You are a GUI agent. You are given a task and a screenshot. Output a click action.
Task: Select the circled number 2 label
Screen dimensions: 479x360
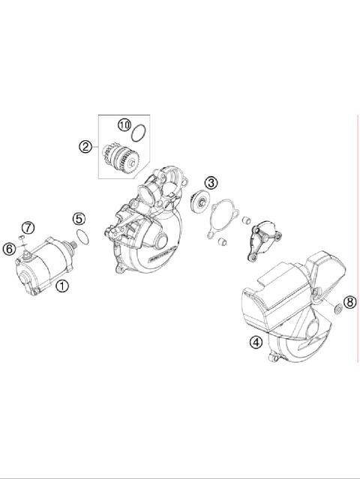tap(85, 147)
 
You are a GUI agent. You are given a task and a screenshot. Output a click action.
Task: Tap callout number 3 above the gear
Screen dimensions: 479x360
tap(212, 182)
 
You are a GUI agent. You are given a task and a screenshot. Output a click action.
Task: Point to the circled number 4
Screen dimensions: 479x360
tap(256, 343)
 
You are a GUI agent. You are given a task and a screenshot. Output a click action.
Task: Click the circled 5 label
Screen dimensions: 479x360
tap(79, 219)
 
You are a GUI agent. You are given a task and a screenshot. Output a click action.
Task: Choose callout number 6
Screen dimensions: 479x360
tap(10, 249)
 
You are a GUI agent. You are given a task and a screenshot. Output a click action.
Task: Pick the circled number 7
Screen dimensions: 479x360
tap(27, 227)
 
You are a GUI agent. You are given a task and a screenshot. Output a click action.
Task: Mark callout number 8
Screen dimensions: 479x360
tap(349, 302)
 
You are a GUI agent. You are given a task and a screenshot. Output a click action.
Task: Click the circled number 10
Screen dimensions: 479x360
tap(124, 124)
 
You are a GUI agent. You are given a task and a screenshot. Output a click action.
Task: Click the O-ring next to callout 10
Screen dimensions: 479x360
tap(136, 136)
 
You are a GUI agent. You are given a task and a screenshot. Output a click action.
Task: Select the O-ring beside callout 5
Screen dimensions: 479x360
tap(85, 237)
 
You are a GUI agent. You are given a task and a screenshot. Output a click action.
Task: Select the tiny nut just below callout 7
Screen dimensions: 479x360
tap(23, 240)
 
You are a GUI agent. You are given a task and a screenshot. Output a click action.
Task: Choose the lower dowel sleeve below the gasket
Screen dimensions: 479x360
tap(223, 244)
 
